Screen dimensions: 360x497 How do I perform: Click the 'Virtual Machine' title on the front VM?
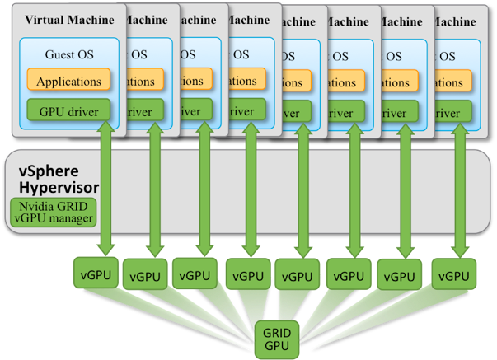click(69, 19)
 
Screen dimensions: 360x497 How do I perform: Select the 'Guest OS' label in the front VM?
click(68, 54)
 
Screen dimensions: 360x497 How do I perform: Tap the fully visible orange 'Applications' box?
click(68, 81)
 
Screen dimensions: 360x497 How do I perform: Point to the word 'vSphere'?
click(50, 171)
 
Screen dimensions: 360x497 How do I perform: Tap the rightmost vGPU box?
click(453, 273)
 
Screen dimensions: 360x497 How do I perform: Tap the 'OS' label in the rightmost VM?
click(447, 56)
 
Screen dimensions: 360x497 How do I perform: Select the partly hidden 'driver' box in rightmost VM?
click(449, 113)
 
